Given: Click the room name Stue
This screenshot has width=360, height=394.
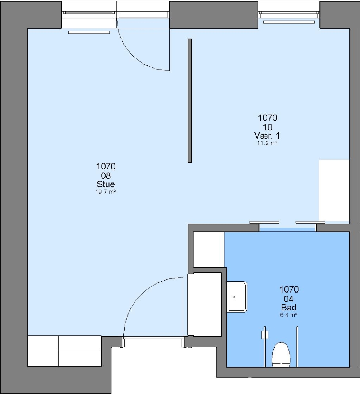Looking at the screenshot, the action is [106, 184].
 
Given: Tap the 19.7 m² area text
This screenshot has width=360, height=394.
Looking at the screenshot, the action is [106, 192].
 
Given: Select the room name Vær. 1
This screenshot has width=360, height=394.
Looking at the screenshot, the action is [267, 136].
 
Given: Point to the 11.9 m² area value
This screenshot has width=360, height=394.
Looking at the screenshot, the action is [267, 143].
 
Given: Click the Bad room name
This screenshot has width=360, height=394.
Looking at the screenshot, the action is [288, 307].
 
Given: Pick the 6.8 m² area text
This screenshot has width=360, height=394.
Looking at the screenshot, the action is [289, 315].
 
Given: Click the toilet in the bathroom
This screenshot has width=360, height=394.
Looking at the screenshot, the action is [281, 354].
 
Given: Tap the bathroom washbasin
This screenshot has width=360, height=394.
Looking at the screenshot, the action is [237, 297].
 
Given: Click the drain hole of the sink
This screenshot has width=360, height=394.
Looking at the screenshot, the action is [234, 297].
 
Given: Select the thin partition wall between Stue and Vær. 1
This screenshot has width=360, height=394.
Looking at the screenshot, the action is [190, 101].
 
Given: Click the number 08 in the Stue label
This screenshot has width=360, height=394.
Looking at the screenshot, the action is [106, 175].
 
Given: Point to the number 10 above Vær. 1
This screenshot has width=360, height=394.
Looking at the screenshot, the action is [268, 127].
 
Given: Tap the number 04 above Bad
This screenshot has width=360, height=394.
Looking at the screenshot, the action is [288, 299].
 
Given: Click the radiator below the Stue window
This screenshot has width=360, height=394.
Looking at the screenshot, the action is [89, 32].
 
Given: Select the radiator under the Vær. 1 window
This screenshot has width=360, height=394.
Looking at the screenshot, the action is [289, 22].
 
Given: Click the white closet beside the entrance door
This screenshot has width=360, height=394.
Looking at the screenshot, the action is [204, 304].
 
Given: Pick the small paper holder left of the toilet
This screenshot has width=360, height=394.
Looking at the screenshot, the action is [265, 335].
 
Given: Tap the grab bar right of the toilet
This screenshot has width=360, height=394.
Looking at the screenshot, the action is [297, 347].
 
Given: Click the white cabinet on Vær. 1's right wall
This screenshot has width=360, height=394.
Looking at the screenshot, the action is [334, 190].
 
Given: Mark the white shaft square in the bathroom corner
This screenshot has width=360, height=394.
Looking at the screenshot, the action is [208, 250].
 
